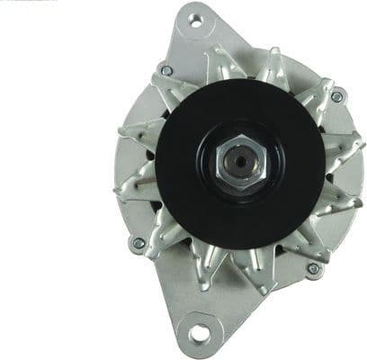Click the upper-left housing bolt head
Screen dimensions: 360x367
(x=166, y=70)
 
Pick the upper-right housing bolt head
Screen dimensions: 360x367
(x=336, y=96)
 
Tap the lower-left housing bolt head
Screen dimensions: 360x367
(x=139, y=243)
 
